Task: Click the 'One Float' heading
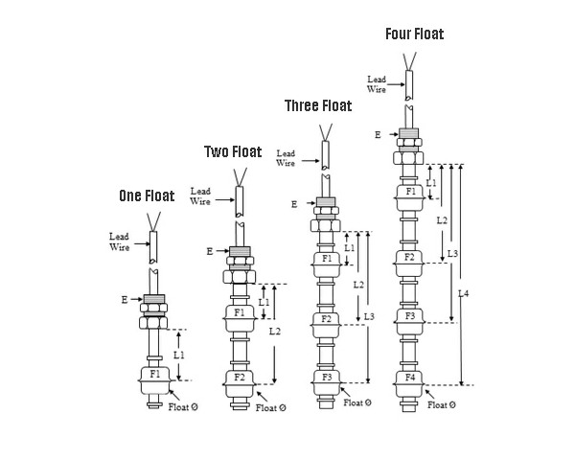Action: tap(147, 196)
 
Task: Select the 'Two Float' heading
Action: tap(232, 151)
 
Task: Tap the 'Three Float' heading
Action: tap(318, 105)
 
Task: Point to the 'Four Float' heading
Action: tap(414, 34)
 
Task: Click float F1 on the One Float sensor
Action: tap(153, 374)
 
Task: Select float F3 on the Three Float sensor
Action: tap(327, 378)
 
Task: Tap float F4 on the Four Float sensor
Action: tap(410, 378)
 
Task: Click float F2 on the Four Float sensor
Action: tap(410, 257)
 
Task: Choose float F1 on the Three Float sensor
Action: tap(326, 259)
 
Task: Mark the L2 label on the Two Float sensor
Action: tap(275, 332)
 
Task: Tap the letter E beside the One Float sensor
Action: tap(125, 300)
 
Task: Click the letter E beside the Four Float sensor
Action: tap(378, 135)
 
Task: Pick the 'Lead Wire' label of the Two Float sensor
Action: tap(200, 195)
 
